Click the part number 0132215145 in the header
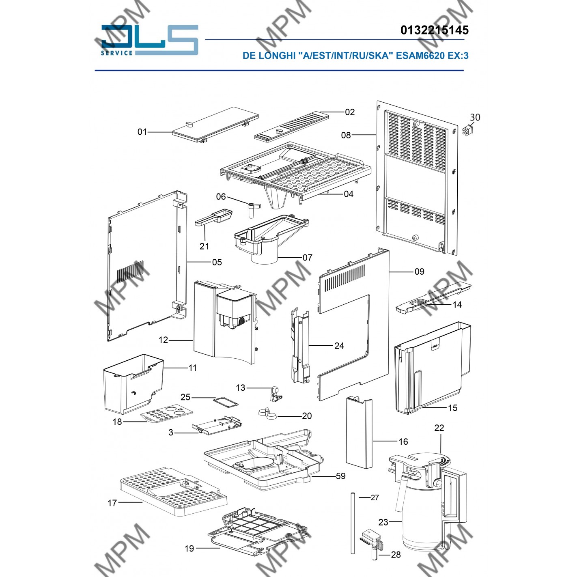pos(435,30)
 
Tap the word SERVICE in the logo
pos(117,53)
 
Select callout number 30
pos(475,117)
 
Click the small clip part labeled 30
pos(468,131)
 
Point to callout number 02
pos(350,112)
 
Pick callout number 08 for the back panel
pos(346,136)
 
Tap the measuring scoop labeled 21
pos(214,217)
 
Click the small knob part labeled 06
pos(253,208)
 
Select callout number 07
pos(308,257)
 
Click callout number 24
pos(339,346)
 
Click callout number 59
pos(341,476)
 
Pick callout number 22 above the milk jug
pos(439,428)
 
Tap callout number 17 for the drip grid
pos(112,503)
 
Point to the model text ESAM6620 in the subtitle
pos(420,56)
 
